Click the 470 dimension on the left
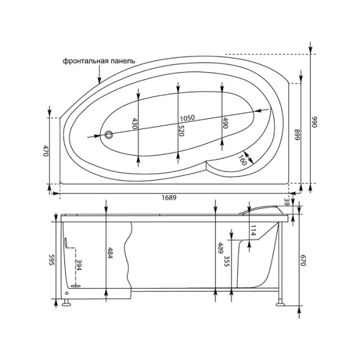[45, 151]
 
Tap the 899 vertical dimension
[296, 134]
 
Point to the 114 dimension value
[253, 230]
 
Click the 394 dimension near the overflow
[78, 266]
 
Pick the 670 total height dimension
[304, 260]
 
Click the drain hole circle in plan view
[109, 135]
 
